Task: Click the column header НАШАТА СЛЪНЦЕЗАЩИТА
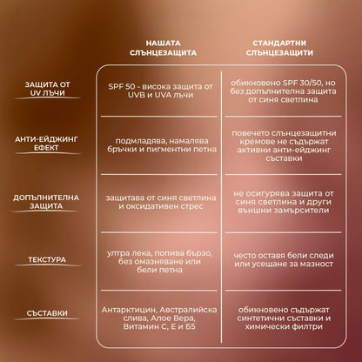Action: point(163,48)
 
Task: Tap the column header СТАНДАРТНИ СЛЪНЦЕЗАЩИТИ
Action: point(279,48)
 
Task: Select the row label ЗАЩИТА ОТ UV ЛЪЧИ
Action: point(47,89)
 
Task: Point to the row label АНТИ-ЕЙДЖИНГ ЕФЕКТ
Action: point(46,144)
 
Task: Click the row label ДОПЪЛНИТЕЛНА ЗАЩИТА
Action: point(46,202)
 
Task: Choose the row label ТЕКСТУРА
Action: point(47,259)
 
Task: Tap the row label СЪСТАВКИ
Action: point(47,313)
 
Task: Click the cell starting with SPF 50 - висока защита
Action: point(160,90)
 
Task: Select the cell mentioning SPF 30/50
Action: point(283,91)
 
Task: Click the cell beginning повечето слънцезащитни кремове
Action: point(284,145)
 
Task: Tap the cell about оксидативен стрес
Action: point(161,202)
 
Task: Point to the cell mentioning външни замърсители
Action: point(284,202)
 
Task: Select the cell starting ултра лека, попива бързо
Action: point(159,261)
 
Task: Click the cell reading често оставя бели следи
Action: point(284,259)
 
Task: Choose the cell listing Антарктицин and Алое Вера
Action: point(159,318)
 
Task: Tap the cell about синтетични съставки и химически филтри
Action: point(284,318)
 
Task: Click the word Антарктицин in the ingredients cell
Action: point(129,310)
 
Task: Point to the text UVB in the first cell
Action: point(136,95)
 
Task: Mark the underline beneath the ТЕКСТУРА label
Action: point(48,265)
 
